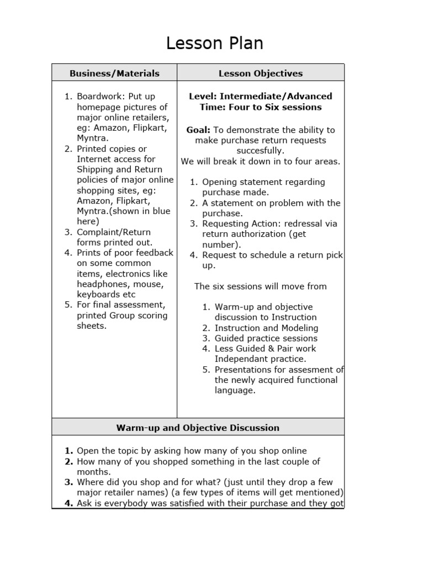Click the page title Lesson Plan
[215, 43]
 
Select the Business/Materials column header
[114, 73]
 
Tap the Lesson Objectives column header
[261, 73]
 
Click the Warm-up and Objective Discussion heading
[198, 428]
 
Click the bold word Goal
[198, 130]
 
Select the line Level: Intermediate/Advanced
[261, 97]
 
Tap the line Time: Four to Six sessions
[261, 107]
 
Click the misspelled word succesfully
[261, 151]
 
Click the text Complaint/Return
[113, 232]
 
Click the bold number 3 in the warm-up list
[68, 482]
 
